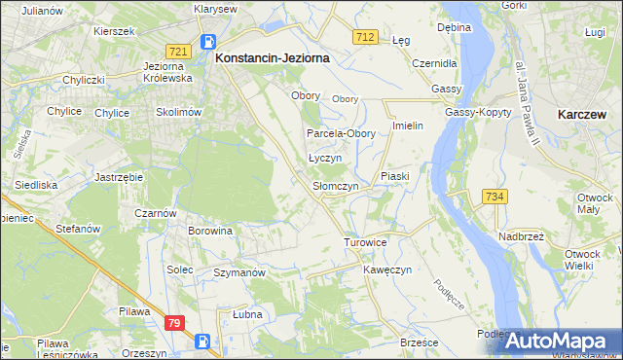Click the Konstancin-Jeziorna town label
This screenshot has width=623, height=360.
[x=272, y=58]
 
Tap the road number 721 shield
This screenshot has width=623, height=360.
[x=177, y=51]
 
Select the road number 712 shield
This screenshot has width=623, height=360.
[x=365, y=37]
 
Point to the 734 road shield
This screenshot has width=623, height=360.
[x=495, y=197]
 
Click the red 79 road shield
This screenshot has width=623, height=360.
[x=174, y=323]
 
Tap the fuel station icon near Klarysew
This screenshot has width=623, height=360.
[x=207, y=41]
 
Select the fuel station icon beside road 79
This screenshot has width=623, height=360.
[x=202, y=341]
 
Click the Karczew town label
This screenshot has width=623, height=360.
[x=584, y=114]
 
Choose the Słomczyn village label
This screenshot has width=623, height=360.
[x=336, y=186]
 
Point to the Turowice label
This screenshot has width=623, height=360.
[x=366, y=241]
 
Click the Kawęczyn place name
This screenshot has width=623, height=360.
[x=388, y=269]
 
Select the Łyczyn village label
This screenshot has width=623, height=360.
[x=325, y=158]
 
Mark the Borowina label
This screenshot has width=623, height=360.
[x=210, y=232]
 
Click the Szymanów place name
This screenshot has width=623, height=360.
[x=239, y=273]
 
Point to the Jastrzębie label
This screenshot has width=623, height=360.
[x=120, y=177]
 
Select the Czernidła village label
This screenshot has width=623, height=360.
[x=434, y=62]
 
